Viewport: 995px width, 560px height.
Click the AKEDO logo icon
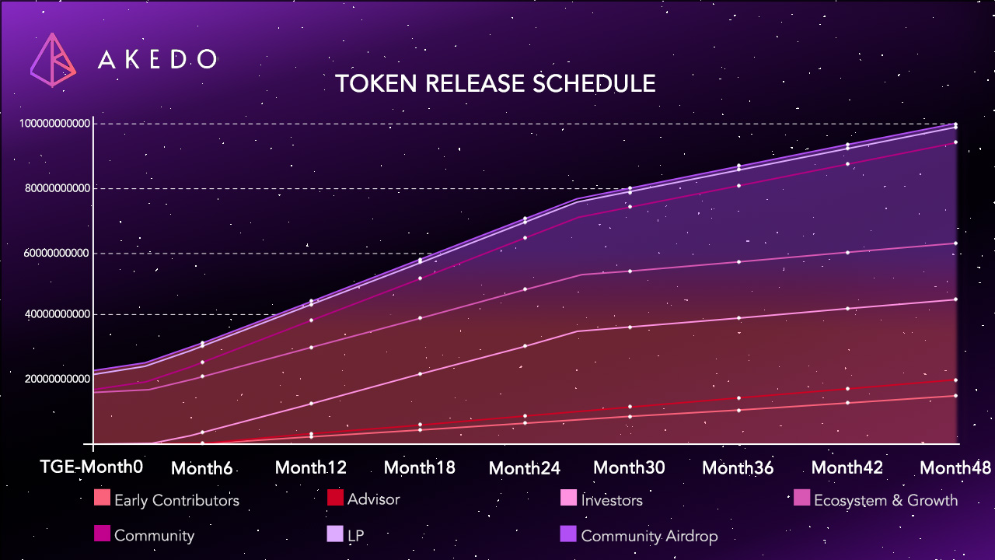coord(53,59)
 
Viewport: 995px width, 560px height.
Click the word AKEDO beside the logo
coord(158,60)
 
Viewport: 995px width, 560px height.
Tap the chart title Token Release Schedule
coord(495,84)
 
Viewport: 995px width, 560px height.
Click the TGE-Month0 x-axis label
coord(92,467)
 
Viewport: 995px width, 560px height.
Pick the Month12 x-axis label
coord(311,467)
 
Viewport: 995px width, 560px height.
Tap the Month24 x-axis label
coord(525,468)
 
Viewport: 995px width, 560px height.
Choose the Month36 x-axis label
coord(738,467)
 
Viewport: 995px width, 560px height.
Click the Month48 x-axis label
coord(955,467)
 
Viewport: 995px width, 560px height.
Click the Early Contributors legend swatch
coord(102,498)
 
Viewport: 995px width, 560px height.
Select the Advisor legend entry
coord(364,499)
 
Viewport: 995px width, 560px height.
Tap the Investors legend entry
coord(602,500)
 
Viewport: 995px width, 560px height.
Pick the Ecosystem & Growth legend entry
coord(875,500)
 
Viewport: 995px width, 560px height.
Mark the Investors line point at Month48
coord(955,299)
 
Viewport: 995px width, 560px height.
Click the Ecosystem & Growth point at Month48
coord(955,243)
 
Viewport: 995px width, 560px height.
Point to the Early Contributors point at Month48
coord(955,396)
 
